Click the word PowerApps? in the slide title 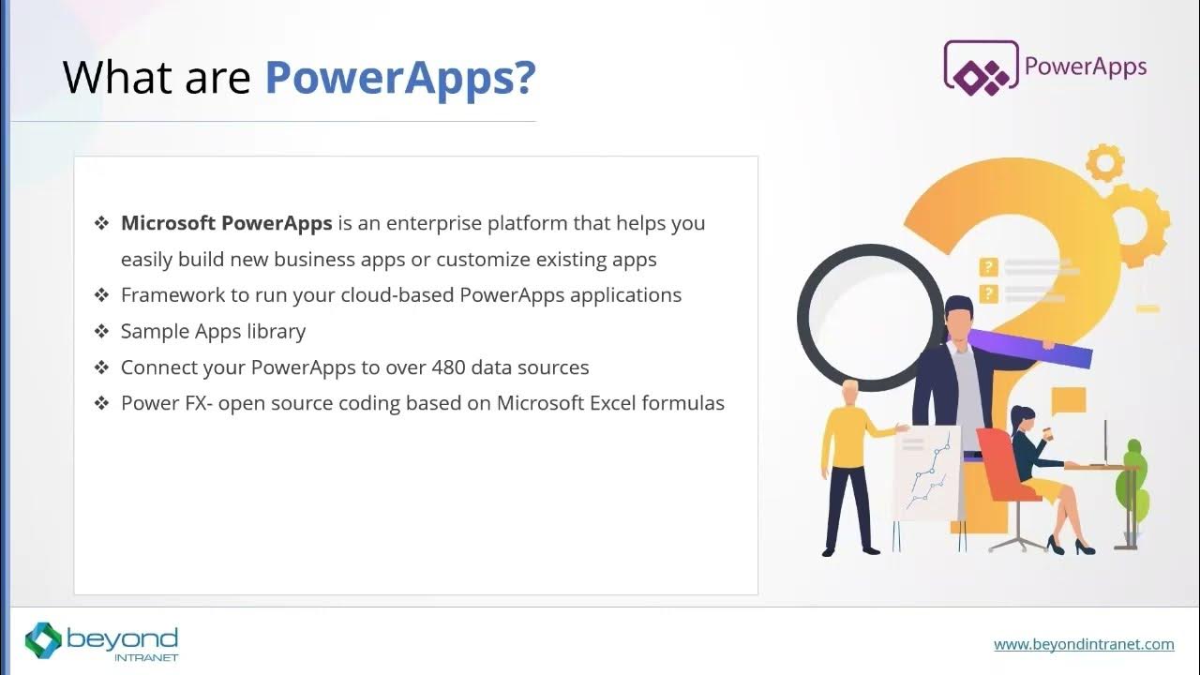[399, 79]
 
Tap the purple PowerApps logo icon [981, 66]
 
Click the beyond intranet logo [101, 641]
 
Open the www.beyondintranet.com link [1084, 644]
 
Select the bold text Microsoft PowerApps [226, 223]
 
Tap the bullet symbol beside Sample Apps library [101, 332]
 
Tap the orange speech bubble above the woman [1069, 401]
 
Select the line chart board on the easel [925, 472]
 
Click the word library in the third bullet [276, 332]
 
